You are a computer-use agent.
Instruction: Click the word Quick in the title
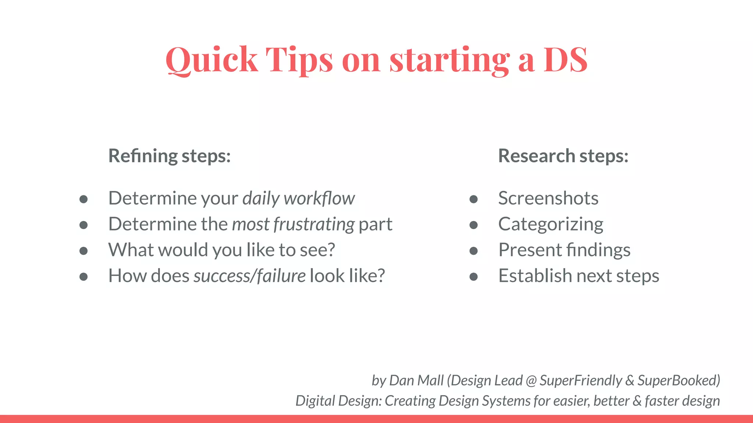tap(211, 59)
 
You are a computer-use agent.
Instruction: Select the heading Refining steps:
tap(169, 156)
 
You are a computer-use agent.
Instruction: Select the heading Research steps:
tap(563, 156)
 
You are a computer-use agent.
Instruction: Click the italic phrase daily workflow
tap(298, 198)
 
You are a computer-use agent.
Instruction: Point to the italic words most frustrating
tap(293, 224)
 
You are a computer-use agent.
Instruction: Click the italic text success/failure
tap(249, 276)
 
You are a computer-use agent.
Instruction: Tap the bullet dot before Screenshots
tap(474, 199)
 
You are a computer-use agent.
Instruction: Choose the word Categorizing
tap(550, 224)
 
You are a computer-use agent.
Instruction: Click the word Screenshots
tap(548, 198)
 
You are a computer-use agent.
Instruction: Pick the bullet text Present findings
tap(564, 250)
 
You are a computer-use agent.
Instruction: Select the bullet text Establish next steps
tap(578, 276)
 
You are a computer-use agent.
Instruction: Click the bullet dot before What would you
tap(83, 251)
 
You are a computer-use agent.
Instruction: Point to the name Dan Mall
tap(416, 380)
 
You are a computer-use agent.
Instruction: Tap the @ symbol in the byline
tap(531, 381)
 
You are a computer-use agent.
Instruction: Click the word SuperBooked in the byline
tap(677, 380)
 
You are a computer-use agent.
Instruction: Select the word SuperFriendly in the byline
tap(581, 380)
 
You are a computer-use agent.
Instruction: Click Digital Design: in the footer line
tap(338, 401)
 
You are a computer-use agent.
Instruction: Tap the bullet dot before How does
tap(83, 277)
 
